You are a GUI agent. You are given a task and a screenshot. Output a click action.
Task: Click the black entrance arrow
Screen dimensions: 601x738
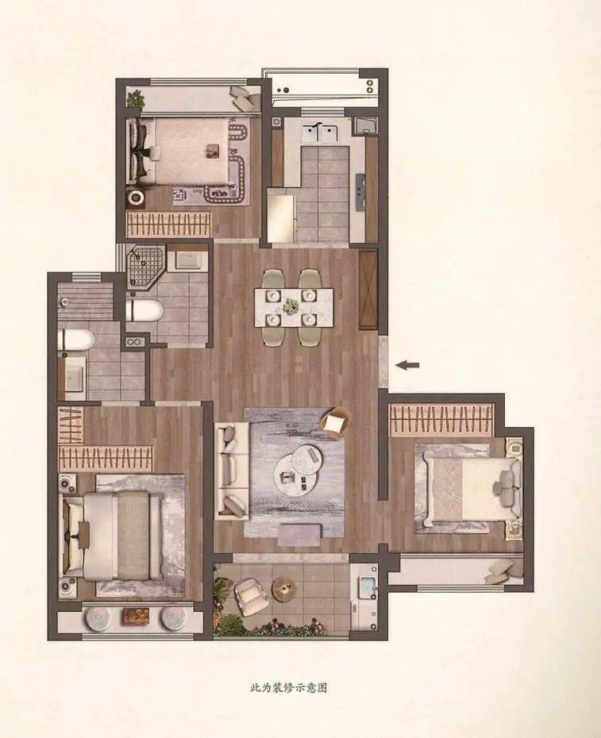coord(407,365)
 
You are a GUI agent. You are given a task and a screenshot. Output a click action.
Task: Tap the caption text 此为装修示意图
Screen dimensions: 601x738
coord(289,688)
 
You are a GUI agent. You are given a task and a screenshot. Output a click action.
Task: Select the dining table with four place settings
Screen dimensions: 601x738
coord(294,308)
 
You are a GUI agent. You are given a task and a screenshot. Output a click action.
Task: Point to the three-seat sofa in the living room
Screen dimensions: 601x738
coord(231,471)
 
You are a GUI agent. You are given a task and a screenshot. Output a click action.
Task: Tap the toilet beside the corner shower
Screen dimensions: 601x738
coord(144,311)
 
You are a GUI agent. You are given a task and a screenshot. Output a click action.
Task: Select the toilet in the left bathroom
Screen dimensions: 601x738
coord(75,340)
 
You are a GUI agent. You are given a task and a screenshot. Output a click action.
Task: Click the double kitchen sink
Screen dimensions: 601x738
coord(320,133)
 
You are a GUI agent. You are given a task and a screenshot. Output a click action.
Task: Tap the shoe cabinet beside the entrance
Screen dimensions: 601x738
coord(368,290)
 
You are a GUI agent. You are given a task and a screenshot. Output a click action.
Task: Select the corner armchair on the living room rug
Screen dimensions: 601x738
coord(336,422)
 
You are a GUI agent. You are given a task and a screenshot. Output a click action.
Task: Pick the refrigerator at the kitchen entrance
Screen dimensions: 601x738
coord(281,214)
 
